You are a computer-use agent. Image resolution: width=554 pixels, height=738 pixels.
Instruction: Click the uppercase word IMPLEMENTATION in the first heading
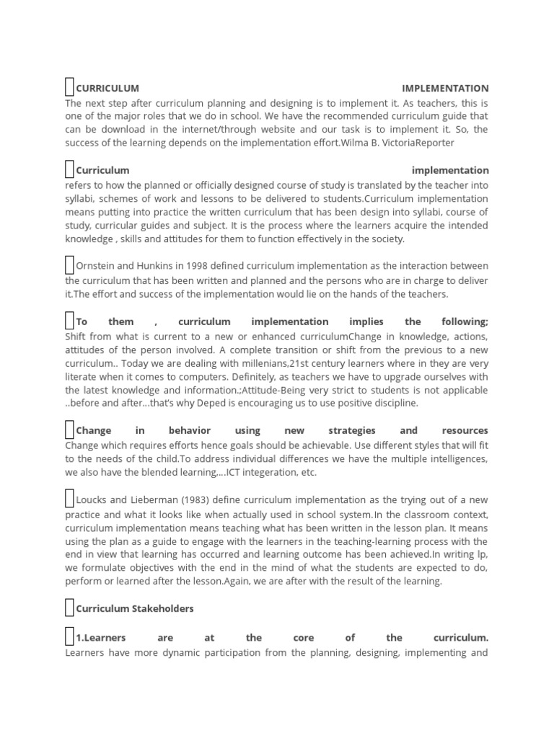(x=445, y=89)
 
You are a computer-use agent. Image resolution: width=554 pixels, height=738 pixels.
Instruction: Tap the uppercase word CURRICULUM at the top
(x=107, y=89)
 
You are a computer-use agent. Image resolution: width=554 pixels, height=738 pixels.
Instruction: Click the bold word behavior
(x=190, y=430)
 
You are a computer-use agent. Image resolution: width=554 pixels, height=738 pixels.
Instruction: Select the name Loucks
(x=92, y=499)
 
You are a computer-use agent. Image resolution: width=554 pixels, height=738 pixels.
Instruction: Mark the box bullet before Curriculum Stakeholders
(x=69, y=608)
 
